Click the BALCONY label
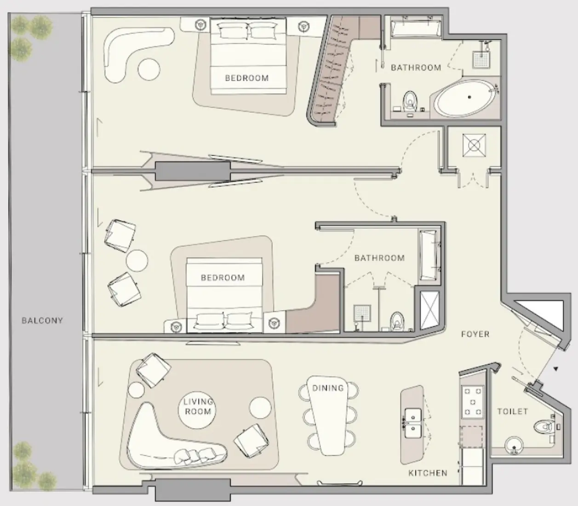(x=42, y=321)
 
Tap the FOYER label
(x=475, y=334)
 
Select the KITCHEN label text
(x=428, y=473)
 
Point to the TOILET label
(x=512, y=411)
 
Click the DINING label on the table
(x=328, y=388)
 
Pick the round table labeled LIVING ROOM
(x=198, y=407)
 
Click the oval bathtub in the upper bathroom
(x=466, y=98)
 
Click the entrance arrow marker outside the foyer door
(x=556, y=368)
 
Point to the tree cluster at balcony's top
(x=30, y=34)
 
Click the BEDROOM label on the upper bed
(x=246, y=78)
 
